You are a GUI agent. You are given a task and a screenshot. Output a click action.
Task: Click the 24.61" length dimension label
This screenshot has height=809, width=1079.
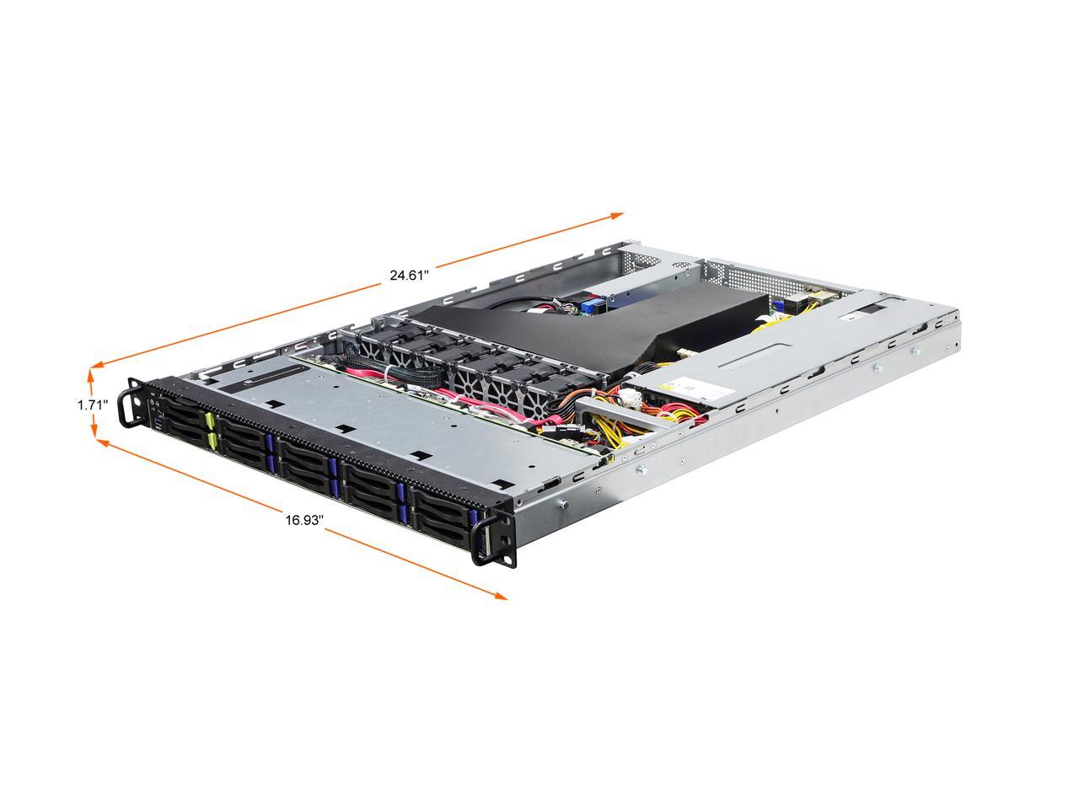(409, 274)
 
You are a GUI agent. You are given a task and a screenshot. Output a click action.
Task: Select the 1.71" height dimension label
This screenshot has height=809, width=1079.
(93, 404)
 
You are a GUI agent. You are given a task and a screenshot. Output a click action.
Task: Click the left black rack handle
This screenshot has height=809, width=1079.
(127, 404)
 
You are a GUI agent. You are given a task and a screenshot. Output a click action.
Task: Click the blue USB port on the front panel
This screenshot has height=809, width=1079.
(156, 413)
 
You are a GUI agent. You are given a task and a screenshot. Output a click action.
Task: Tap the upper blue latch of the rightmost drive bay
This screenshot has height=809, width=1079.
(472, 516)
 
